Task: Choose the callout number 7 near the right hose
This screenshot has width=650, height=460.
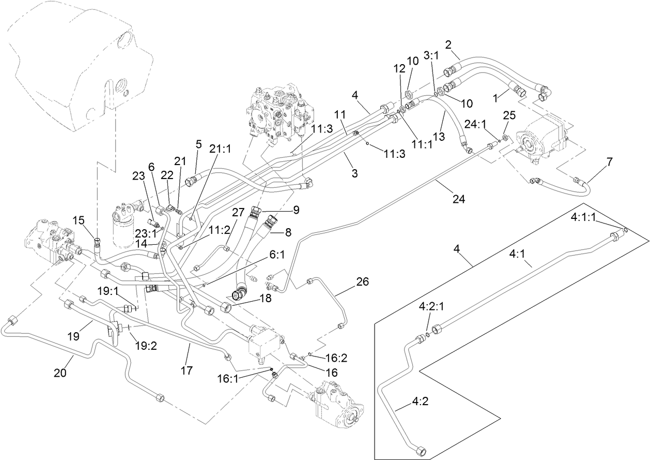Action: click(610, 162)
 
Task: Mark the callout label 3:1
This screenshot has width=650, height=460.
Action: click(431, 55)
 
